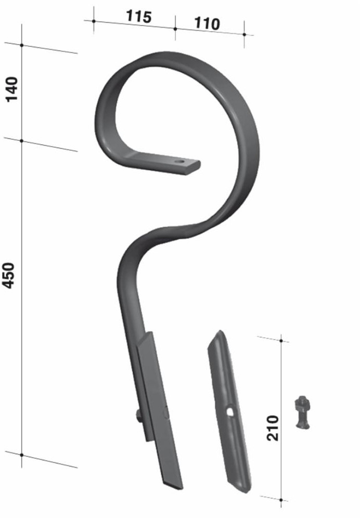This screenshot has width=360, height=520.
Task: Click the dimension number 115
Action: coord(138,17)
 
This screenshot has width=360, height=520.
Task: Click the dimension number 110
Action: coord(207,23)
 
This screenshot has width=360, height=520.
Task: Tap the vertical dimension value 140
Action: coord(11,89)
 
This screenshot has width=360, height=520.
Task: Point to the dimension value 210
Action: coord(272,427)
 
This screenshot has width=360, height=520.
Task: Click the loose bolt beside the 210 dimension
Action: coord(303,412)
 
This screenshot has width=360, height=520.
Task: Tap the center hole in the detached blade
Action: coord(229,411)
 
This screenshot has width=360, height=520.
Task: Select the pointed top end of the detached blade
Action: coord(219,333)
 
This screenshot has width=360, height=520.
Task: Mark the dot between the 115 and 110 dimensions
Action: coord(175,29)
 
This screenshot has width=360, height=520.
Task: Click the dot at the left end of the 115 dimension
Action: coord(94,21)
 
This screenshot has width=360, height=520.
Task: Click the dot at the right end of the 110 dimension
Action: coord(244,34)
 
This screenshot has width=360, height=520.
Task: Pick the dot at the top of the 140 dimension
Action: coord(22,45)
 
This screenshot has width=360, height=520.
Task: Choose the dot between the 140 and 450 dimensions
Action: coord(22,140)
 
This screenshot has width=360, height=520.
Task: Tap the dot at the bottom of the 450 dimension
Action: coord(22,455)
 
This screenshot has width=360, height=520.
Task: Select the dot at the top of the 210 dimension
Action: coord(281,341)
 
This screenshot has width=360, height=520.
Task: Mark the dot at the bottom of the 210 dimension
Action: coord(281,500)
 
